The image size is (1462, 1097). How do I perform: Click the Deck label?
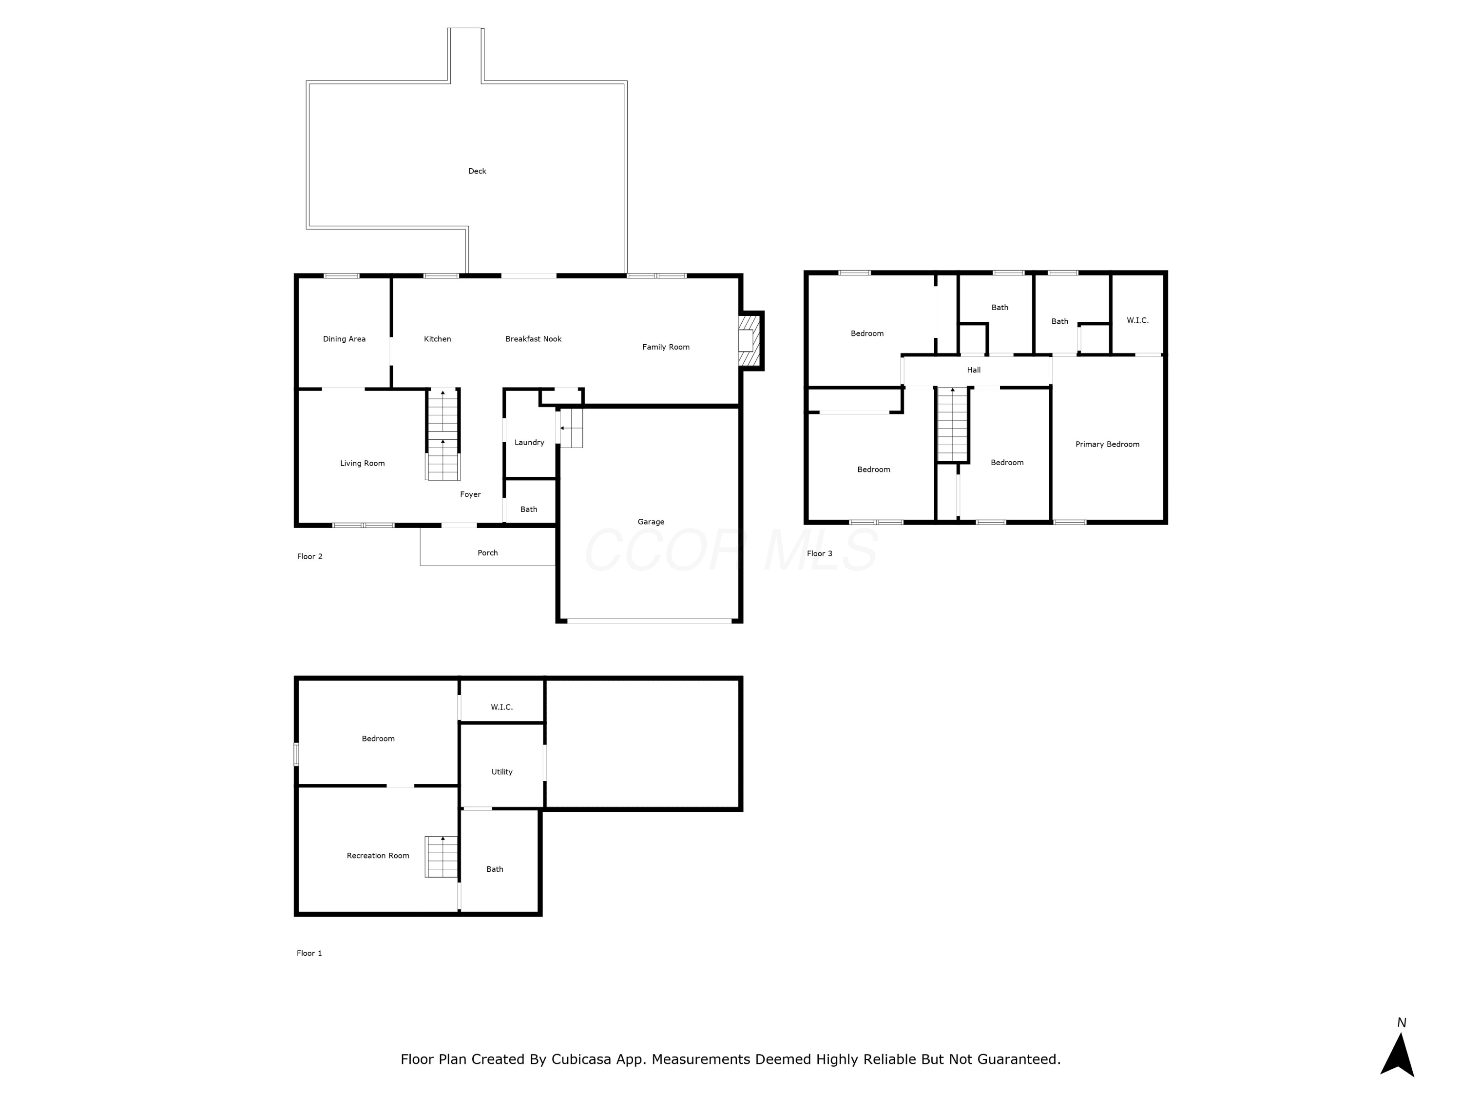point(477,171)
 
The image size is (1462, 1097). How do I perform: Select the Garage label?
point(651,522)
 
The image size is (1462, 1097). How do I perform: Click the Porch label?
point(488,553)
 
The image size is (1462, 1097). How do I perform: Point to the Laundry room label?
point(529,442)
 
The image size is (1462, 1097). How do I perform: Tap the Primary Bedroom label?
point(1107,444)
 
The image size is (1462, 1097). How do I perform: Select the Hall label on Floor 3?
point(974,370)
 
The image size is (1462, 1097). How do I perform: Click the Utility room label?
point(501,772)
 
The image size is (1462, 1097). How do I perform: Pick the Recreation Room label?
point(378,856)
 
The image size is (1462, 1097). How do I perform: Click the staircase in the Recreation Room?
point(442,857)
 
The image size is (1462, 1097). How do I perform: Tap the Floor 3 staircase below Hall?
point(952,425)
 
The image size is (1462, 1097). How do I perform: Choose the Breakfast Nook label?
point(533,339)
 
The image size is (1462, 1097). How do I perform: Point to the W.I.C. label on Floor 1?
point(501,707)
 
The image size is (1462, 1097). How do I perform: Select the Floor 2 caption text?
point(309,557)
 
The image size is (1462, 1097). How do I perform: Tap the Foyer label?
point(471,494)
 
